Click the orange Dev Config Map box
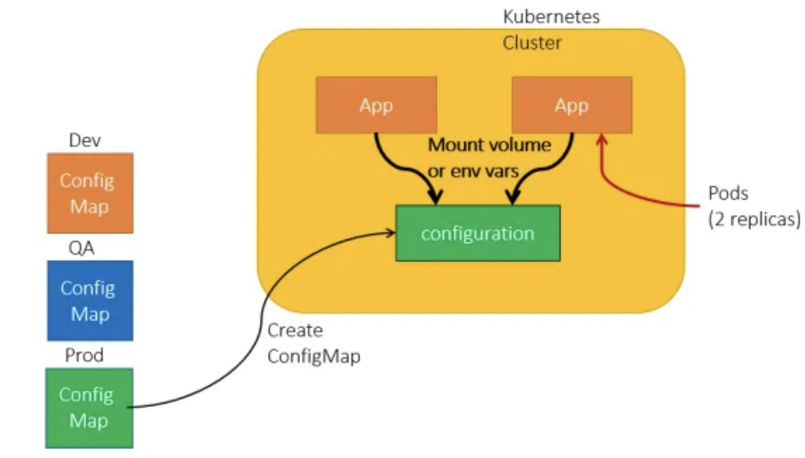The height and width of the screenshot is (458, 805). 90,193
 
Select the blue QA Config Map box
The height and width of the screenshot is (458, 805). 90,300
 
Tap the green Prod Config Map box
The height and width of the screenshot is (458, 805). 89,407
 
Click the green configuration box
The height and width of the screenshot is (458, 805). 477,233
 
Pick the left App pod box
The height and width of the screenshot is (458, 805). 376,105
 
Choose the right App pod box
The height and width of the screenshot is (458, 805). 572,105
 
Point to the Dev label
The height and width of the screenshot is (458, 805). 85,140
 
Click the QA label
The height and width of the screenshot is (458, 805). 82,248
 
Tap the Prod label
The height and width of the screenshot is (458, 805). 84,355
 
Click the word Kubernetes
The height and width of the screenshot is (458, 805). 551,17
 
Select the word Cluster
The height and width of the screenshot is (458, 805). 532,43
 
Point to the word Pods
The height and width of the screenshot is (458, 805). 728,193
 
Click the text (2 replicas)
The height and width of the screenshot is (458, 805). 754,219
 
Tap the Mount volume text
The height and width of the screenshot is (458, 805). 489,145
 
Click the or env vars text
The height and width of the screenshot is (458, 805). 473,171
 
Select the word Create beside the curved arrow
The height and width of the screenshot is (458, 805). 295,331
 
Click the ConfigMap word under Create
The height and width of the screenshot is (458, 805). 314,357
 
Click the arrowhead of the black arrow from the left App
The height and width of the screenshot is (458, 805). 435,196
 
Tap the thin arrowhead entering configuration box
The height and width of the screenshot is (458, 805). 391,232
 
